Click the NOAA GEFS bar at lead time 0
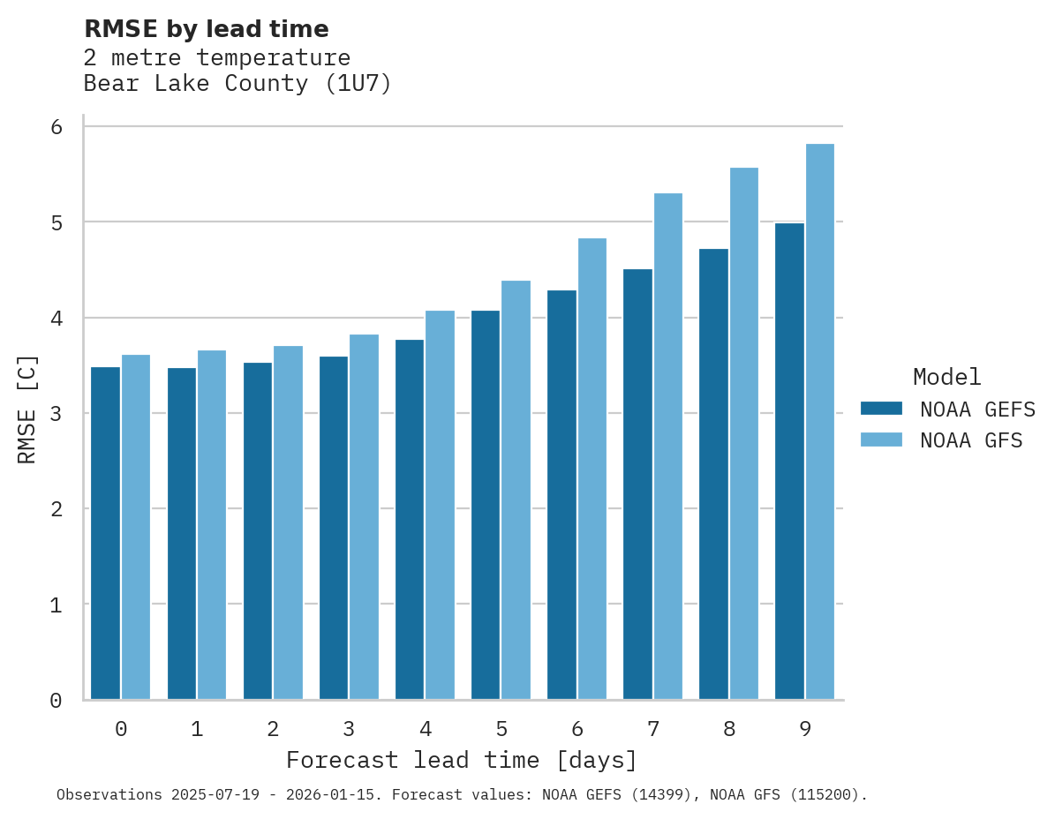[x=106, y=533]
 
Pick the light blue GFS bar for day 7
[x=668, y=447]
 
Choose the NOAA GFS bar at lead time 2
[x=288, y=522]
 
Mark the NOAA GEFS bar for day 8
[x=713, y=474]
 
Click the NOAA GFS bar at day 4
[x=440, y=505]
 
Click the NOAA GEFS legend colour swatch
[x=881, y=409]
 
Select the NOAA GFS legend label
[x=971, y=440]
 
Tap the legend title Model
[x=947, y=378]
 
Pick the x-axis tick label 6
[x=577, y=730]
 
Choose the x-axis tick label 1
[x=197, y=730]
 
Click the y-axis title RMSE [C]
[x=27, y=409]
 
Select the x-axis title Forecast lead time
[x=461, y=761]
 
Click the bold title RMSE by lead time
[x=207, y=29]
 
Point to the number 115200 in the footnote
[x=820, y=795]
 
